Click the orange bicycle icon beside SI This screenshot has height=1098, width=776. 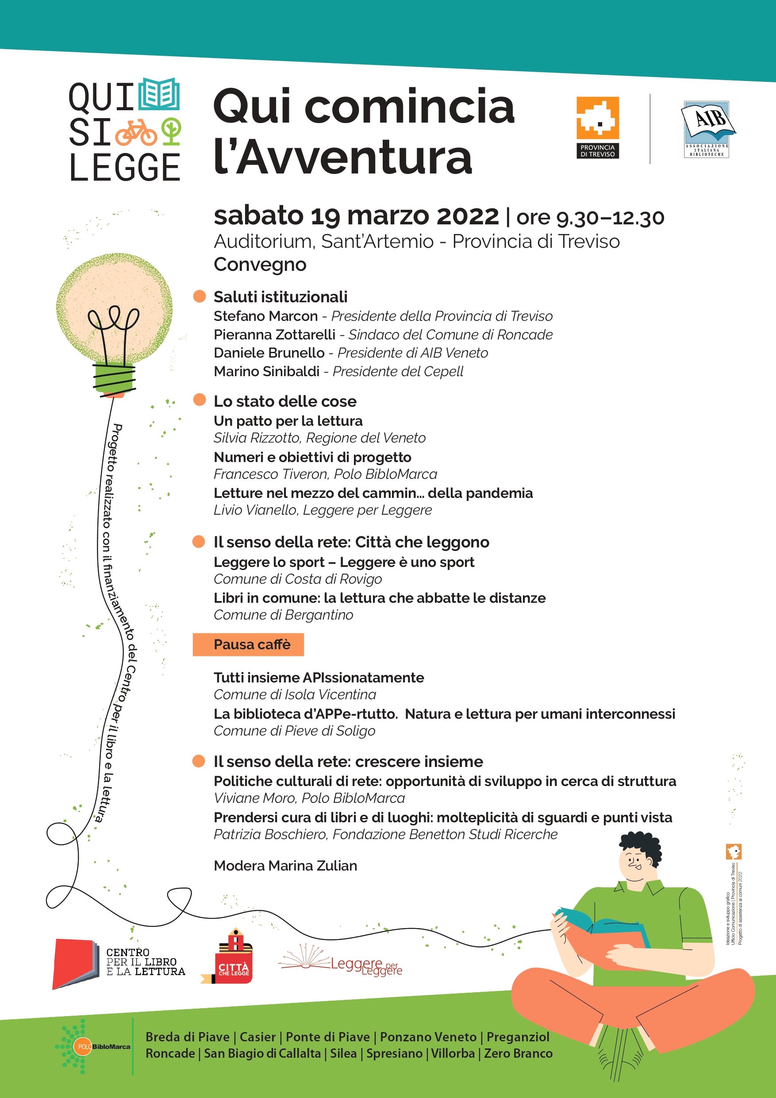[x=136, y=132]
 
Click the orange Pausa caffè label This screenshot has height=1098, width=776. [x=248, y=645]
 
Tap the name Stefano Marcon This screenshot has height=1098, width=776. [x=265, y=316]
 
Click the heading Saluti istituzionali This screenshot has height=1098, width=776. [x=280, y=297]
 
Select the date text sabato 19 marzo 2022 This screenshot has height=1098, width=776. [x=356, y=216]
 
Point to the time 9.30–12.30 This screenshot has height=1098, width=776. [x=610, y=218]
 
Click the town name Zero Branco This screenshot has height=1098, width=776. [x=518, y=1053]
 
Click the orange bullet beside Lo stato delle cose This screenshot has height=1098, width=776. [x=200, y=399]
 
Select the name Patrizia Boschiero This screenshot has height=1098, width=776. [x=270, y=834]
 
